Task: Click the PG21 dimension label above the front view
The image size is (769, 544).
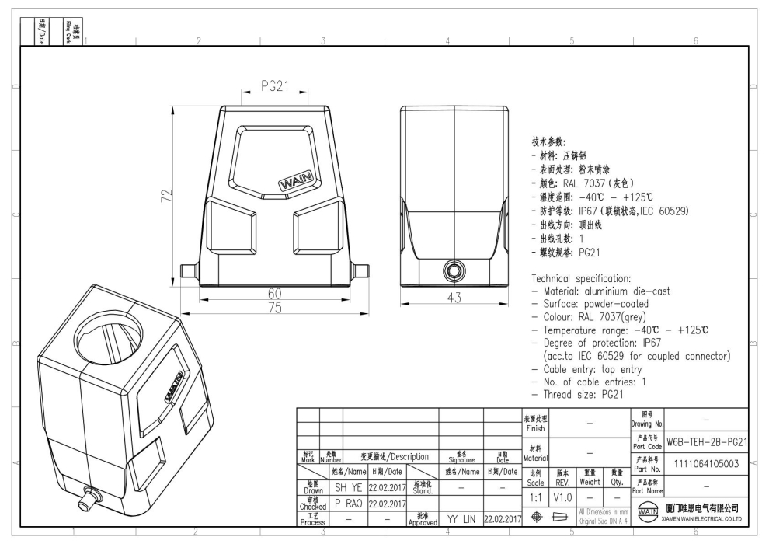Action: pyautogui.click(x=274, y=87)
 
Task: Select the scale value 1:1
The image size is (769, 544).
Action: pyautogui.click(x=535, y=495)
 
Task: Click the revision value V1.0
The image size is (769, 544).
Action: pyautogui.click(x=563, y=495)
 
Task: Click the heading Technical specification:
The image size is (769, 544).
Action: pyautogui.click(x=589, y=278)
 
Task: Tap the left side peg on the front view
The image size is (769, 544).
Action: pyautogui.click(x=186, y=270)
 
